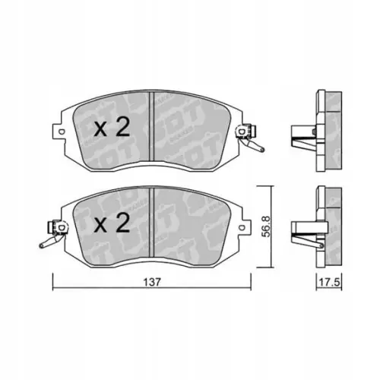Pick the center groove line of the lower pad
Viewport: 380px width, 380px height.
[154, 224]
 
